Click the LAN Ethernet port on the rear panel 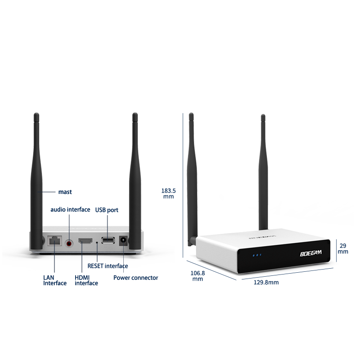(x=54, y=241)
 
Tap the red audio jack (x=69, y=243)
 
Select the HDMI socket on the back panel (x=85, y=242)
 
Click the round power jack (x=122, y=242)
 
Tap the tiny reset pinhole (x=97, y=243)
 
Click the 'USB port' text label (x=107, y=210)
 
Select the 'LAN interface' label (x=55, y=280)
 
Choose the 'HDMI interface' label (x=86, y=280)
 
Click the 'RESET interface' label (x=108, y=266)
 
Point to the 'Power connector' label (x=135, y=278)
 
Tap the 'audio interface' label (x=70, y=210)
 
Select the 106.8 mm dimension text (x=198, y=276)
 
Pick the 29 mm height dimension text (x=343, y=249)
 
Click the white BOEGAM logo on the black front (x=311, y=253)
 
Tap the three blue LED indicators (x=256, y=255)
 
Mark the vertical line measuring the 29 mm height (x=336, y=250)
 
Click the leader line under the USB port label (x=108, y=223)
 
